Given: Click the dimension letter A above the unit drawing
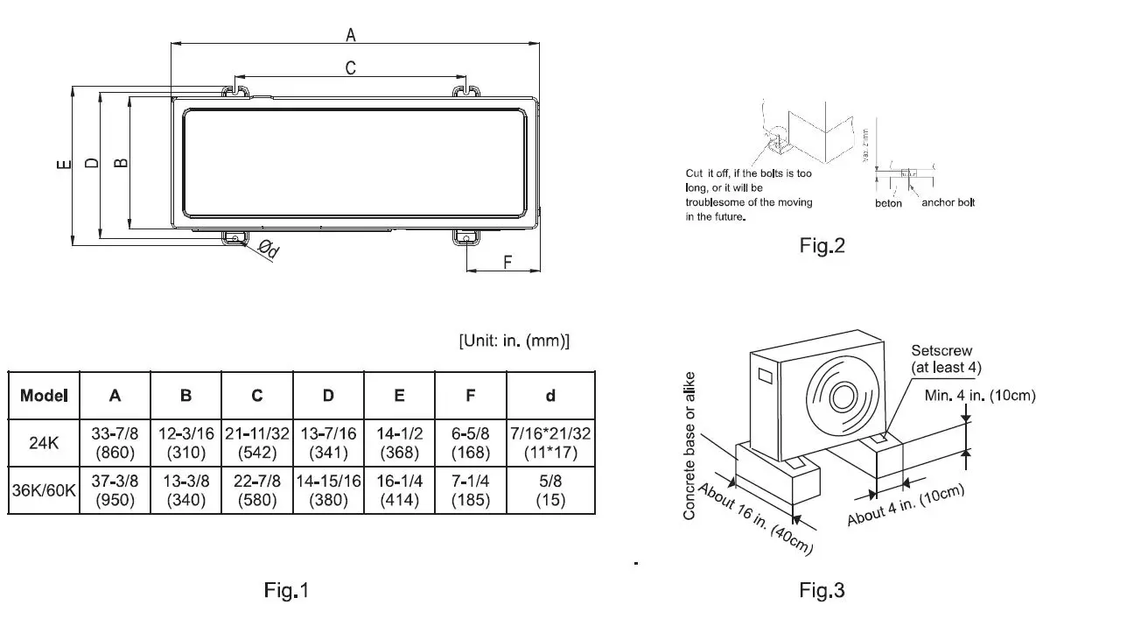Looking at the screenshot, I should [x=351, y=34].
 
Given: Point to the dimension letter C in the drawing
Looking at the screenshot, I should [x=351, y=67].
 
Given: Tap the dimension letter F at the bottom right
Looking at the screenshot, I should [x=506, y=262].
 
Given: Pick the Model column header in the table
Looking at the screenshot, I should [x=44, y=396].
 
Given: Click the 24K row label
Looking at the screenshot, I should [x=44, y=443].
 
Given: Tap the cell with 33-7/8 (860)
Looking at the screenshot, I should [x=115, y=443].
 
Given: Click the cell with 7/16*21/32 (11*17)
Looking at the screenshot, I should [x=550, y=443].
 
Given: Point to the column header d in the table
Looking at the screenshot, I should [x=550, y=396].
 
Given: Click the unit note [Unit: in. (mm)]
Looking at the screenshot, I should [x=514, y=341].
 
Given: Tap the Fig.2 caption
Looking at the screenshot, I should [x=822, y=246].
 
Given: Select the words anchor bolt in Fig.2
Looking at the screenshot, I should [x=948, y=203].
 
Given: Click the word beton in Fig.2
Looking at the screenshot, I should [x=888, y=203].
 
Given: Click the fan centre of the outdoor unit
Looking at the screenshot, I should [x=844, y=395].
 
